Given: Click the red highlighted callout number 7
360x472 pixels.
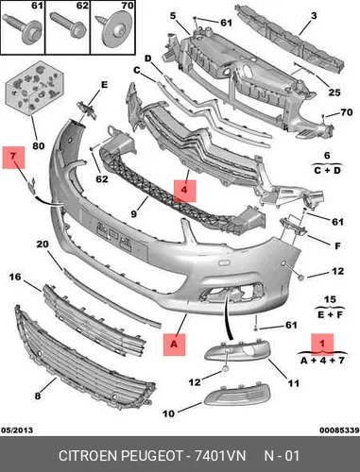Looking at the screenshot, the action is coord(13,156).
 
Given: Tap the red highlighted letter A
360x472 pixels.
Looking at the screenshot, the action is coord(174,345).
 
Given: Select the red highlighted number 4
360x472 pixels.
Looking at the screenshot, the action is coord(184,190).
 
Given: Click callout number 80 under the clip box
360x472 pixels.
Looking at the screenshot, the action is coord(39,145).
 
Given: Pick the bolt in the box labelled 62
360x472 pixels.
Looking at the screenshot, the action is coord(68,25).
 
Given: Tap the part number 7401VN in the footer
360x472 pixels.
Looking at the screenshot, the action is coord(220,456).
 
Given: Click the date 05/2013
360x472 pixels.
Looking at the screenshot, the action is coord(17,430).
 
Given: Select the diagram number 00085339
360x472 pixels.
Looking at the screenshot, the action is coord(339,430).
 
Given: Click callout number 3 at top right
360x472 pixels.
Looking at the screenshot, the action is coord(314,15).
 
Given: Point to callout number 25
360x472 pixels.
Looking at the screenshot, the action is coord(334,93).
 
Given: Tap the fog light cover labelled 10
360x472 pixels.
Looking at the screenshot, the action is coord(237,396).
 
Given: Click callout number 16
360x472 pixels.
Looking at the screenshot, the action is coord(15,277).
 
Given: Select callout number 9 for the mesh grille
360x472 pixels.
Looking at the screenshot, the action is coord(134,213).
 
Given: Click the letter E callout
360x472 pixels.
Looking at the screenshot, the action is coord(104,85).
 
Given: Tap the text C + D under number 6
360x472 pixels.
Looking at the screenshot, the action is coord(327,171).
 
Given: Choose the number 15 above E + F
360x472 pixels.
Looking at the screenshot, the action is coord(330,299).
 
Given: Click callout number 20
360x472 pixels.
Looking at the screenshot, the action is coord(43,244).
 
